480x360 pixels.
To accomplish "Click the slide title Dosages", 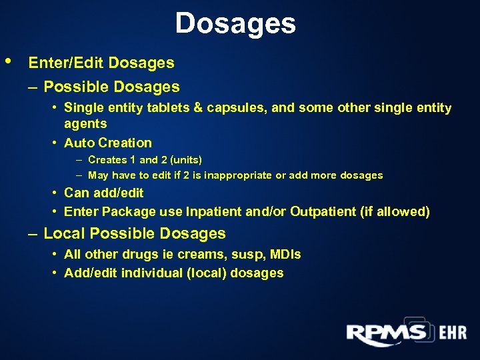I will [x=235, y=24].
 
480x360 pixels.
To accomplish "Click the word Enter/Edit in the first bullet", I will [x=66, y=63].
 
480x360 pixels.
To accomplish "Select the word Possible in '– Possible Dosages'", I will [x=77, y=87].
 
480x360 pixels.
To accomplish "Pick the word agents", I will [x=85, y=123].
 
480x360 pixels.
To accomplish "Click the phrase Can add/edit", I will [x=103, y=193].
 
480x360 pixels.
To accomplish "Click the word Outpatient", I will [x=321, y=212].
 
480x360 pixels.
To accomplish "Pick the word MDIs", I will [x=285, y=255].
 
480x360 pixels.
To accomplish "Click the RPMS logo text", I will [x=386, y=333].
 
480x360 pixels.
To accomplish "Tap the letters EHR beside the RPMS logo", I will [x=453, y=333].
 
